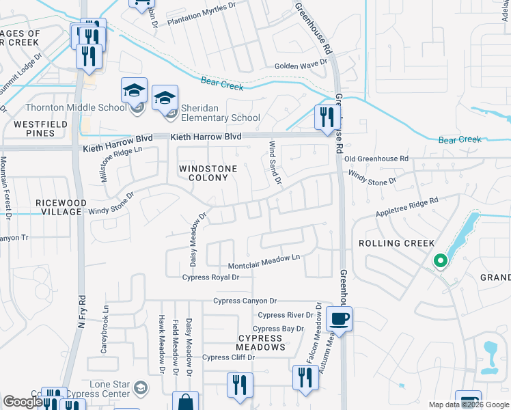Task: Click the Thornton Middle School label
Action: [76, 107]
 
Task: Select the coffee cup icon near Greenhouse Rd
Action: [339, 318]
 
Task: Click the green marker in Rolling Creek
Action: [441, 260]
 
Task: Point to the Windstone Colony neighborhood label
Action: [208, 173]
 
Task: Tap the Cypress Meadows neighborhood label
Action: [261, 342]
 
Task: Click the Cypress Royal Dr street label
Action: [210, 277]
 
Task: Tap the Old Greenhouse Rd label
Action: [376, 159]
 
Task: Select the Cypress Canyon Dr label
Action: [245, 301]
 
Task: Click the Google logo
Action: [23, 402]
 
